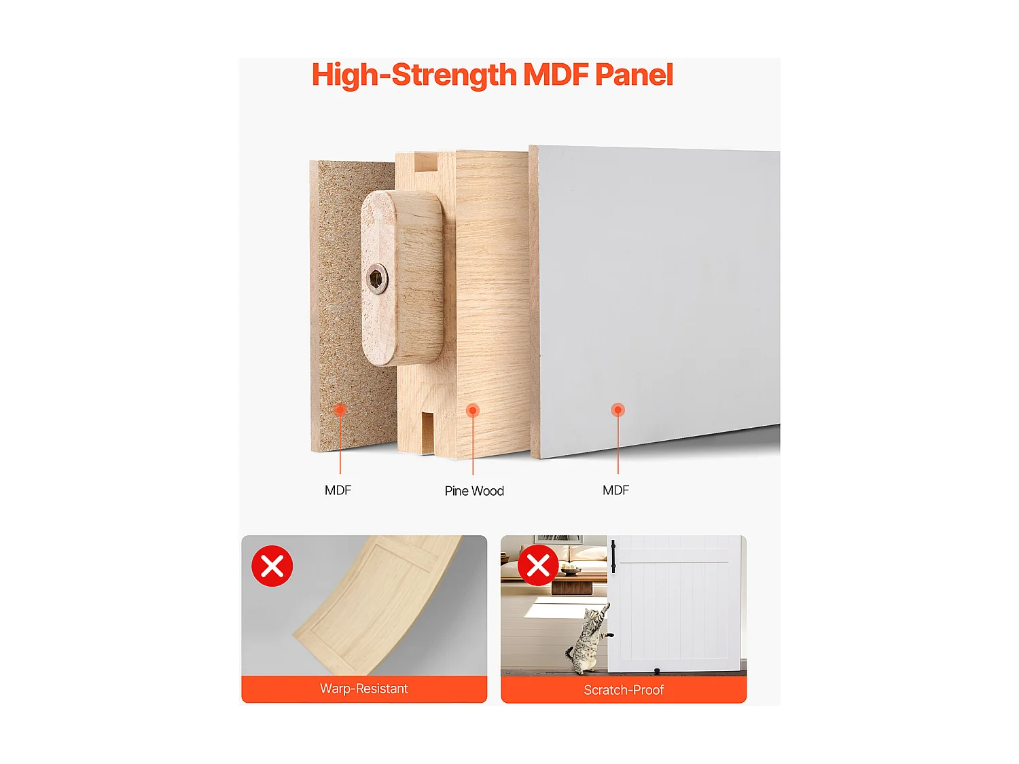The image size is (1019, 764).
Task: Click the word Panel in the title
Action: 633,75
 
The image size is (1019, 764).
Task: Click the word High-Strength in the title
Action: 414,75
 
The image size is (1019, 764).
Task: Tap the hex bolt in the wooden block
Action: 376,278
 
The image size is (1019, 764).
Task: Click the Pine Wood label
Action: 474,491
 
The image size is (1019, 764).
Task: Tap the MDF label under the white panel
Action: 615,490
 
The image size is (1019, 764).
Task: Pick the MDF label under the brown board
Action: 338,490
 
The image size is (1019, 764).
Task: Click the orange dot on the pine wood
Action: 473,410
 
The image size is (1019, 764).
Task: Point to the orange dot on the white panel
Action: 618,410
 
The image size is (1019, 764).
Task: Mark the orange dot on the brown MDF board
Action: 340,410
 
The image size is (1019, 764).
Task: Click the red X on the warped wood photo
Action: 272,566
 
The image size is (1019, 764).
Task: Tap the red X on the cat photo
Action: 538,565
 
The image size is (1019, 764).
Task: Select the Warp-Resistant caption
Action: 364,689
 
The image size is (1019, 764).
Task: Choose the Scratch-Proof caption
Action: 624,690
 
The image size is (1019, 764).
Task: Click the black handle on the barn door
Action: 613,556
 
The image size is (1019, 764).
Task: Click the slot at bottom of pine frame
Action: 427,432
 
